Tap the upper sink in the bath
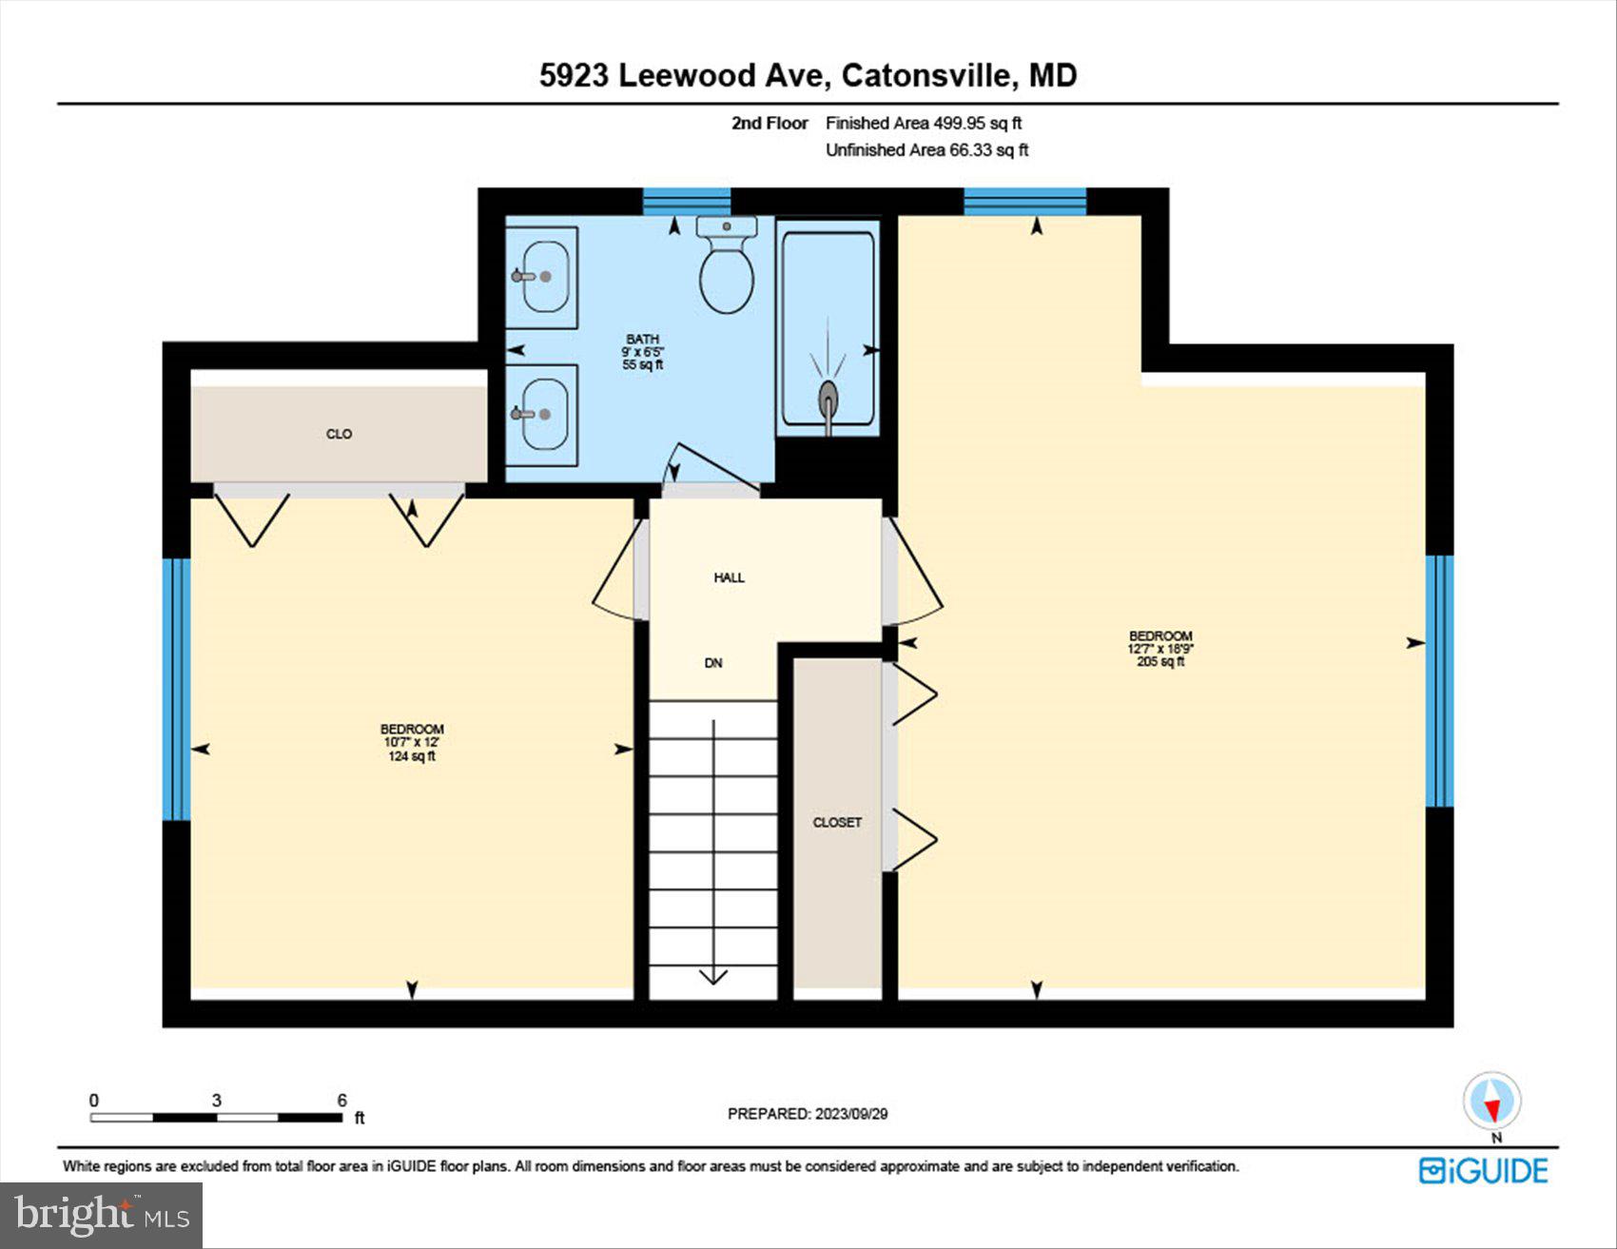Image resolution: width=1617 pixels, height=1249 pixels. (x=544, y=276)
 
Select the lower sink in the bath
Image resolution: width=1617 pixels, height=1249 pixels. (x=544, y=415)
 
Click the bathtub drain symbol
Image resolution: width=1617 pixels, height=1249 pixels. (x=828, y=396)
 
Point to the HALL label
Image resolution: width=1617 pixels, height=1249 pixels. (x=729, y=577)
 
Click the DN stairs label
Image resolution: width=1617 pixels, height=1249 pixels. (x=713, y=663)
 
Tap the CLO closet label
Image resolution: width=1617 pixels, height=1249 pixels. (x=339, y=434)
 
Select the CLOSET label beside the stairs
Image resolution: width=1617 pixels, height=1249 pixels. (x=837, y=822)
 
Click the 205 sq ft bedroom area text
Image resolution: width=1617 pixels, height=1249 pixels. (x=1160, y=662)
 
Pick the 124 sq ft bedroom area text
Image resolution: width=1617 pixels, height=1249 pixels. (x=411, y=756)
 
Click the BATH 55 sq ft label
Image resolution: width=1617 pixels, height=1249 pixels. (x=642, y=352)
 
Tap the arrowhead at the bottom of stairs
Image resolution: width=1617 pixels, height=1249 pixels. (x=713, y=977)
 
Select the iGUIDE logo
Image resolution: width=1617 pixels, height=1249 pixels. (x=1483, y=1171)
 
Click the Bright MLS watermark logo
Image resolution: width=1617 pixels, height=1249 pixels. (x=101, y=1215)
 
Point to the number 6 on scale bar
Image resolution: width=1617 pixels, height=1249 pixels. (x=341, y=1101)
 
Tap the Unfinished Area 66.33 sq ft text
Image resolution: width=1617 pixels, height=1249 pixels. (x=926, y=150)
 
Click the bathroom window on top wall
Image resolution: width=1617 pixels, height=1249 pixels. (x=686, y=201)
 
